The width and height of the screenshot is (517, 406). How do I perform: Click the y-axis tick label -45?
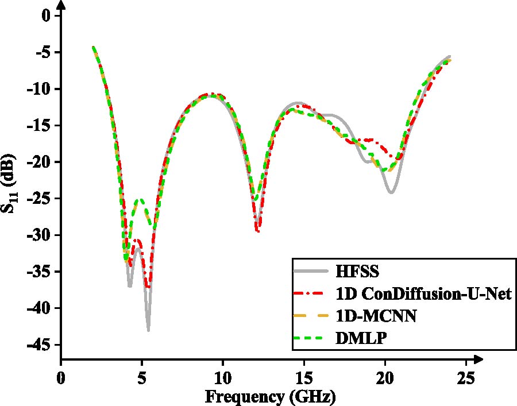click(x=38, y=345)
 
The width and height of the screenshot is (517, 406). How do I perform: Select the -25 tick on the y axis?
click(x=38, y=199)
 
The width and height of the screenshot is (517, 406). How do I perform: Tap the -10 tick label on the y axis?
click(x=38, y=89)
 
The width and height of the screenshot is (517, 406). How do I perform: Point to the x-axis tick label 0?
click(x=61, y=378)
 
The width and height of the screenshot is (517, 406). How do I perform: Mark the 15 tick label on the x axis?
click(x=304, y=378)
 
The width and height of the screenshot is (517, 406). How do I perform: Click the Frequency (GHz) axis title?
click(x=271, y=396)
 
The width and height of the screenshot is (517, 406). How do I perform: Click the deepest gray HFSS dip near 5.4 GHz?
click(x=148, y=330)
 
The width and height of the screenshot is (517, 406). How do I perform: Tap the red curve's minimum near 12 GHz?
click(x=258, y=231)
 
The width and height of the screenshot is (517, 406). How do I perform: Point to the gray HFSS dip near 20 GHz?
click(x=391, y=192)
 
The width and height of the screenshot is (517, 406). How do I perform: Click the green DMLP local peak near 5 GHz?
click(x=140, y=200)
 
